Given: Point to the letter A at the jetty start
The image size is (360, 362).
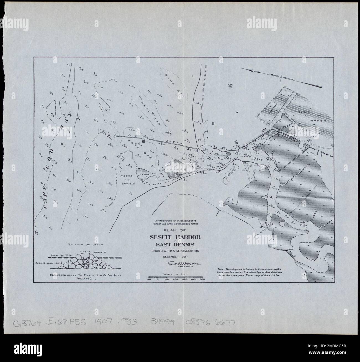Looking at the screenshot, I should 109,135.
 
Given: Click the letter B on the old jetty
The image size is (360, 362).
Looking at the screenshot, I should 143,142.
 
